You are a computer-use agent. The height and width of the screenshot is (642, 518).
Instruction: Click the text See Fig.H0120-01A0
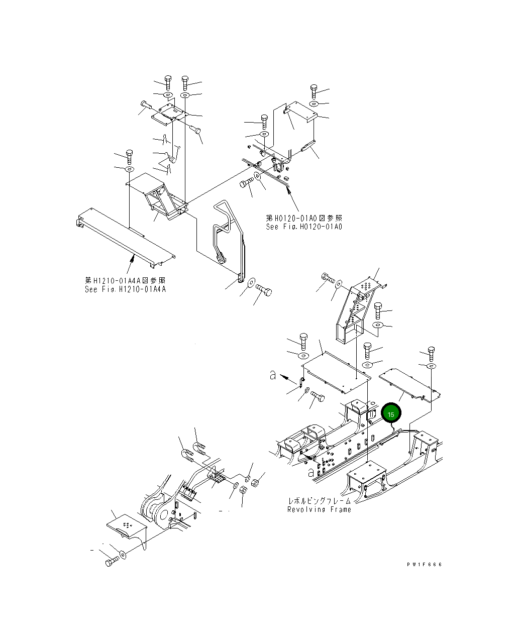304,227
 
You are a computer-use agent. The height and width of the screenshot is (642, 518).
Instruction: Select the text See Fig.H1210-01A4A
125,289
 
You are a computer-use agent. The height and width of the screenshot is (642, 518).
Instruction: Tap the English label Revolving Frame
319,509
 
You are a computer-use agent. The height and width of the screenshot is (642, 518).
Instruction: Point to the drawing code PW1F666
425,565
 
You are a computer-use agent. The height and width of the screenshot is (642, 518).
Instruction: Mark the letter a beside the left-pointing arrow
273,375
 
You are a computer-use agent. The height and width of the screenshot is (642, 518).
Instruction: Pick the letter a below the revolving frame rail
312,472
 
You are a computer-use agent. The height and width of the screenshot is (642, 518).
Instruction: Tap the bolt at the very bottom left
112,561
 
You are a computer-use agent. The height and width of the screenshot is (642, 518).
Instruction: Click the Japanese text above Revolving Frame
319,501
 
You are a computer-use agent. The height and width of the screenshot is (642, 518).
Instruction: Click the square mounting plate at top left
169,116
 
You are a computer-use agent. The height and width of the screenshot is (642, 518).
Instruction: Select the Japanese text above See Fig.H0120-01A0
304,218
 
